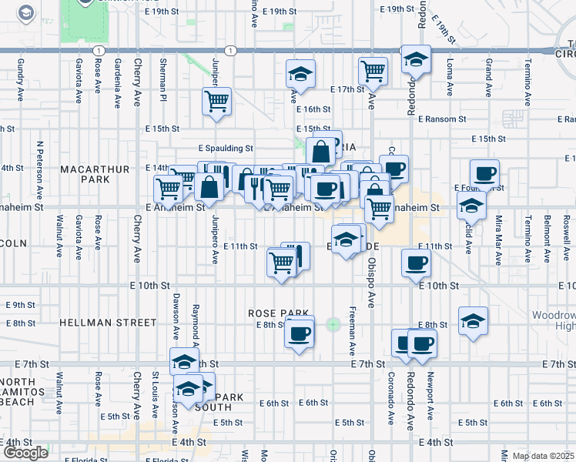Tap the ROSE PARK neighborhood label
(x=267, y=313)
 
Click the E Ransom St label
(x=442, y=119)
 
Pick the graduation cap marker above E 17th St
(x=300, y=74)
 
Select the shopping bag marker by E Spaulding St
(x=320, y=151)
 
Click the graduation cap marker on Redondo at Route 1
(x=416, y=59)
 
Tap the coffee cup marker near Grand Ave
(x=484, y=174)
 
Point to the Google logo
(x=25, y=453)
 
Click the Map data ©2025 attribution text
(x=542, y=456)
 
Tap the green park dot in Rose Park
(x=333, y=325)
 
